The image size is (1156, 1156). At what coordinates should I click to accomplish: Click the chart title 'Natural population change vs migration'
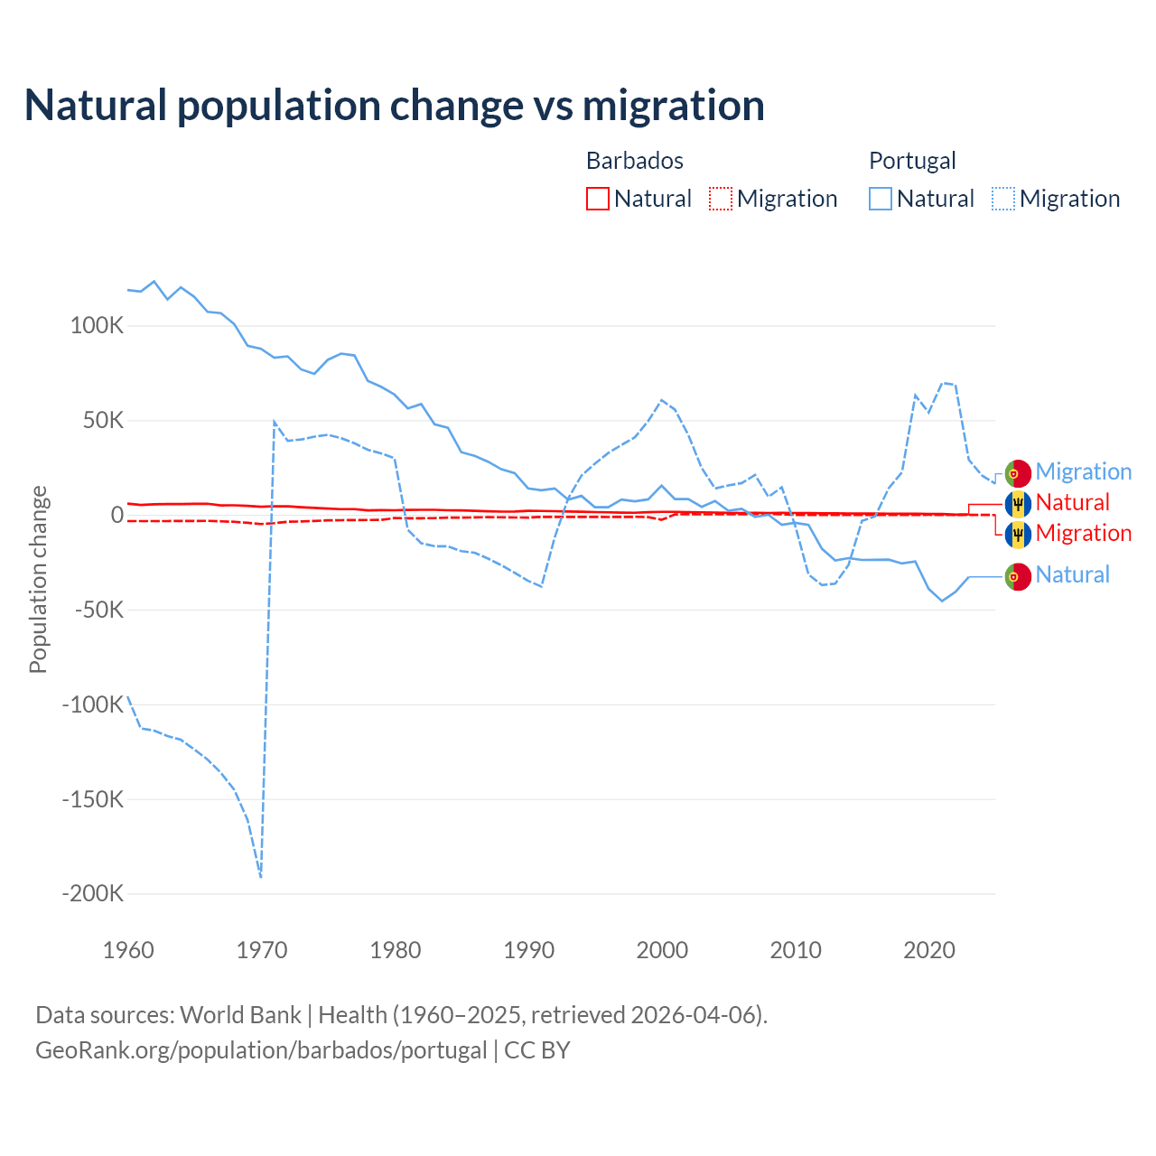point(395,106)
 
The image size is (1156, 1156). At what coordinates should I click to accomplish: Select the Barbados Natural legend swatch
point(598,199)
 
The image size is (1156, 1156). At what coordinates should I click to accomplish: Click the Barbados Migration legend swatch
point(721,199)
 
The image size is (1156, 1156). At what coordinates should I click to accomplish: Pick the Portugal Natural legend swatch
point(881,199)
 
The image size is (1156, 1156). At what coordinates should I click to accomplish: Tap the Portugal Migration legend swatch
point(1003,199)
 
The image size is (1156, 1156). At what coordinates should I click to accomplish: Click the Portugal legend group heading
point(912,161)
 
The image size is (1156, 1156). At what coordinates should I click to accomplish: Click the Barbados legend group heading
point(635,161)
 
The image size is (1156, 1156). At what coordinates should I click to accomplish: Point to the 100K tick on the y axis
point(97,326)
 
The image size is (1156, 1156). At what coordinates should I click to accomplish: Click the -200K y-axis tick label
point(92,894)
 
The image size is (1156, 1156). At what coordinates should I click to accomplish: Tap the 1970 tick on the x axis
point(262,950)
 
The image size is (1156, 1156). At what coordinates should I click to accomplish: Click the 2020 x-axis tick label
point(929,950)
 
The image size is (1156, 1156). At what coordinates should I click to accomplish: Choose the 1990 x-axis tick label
point(529,950)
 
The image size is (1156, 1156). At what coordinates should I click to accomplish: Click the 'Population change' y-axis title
point(38,579)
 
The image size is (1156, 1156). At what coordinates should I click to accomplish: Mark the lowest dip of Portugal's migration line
point(261,876)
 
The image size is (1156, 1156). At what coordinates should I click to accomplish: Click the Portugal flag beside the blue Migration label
point(1018,472)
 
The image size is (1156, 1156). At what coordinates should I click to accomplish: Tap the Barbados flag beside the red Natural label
point(1018,503)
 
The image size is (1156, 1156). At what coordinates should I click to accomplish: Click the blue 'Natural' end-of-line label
point(1072,575)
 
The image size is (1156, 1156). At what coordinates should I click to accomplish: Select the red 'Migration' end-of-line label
point(1083,534)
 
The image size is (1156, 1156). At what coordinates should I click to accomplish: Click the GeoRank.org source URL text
point(261,1050)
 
